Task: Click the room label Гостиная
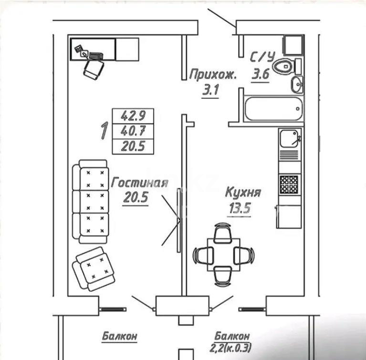pyautogui.click(x=139, y=183)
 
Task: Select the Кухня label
pyautogui.click(x=243, y=193)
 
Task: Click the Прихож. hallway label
pyautogui.click(x=212, y=74)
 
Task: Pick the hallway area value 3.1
pyautogui.click(x=210, y=91)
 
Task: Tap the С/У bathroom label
pyautogui.click(x=262, y=58)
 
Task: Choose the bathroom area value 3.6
pyautogui.click(x=261, y=75)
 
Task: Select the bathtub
pyautogui.click(x=273, y=109)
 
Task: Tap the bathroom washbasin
pyautogui.click(x=296, y=85)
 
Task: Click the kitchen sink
pyautogui.click(x=289, y=138)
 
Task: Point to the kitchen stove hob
pyautogui.click(x=289, y=184)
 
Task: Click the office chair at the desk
pyautogui.click(x=94, y=69)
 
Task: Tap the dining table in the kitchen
pyautogui.click(x=222, y=254)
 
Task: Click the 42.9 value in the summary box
pyautogui.click(x=133, y=115)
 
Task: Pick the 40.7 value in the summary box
pyautogui.click(x=133, y=131)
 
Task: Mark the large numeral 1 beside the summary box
pyautogui.click(x=103, y=131)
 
